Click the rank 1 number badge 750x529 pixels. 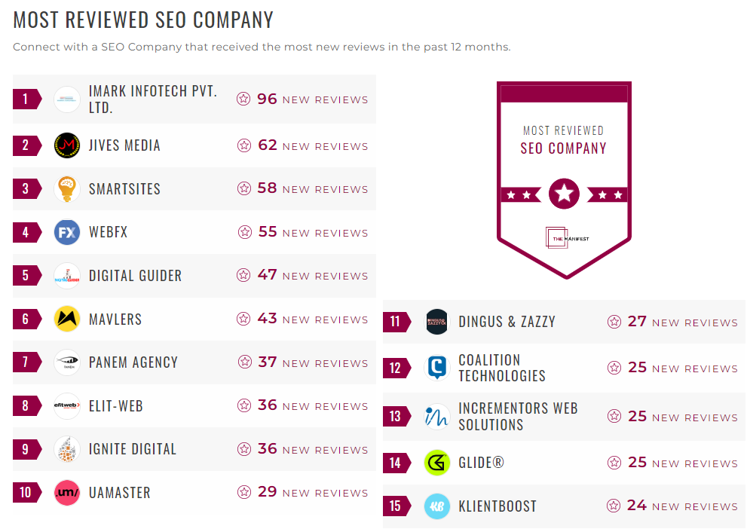point(26,99)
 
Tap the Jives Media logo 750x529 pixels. point(67,145)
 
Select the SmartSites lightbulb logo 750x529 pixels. point(67,188)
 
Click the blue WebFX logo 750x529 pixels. point(67,232)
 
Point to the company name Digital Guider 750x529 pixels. point(135,276)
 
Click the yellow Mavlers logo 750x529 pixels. point(67,319)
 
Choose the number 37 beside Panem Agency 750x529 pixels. point(268,362)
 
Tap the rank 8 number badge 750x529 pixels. point(26,406)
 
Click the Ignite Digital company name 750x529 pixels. point(132,449)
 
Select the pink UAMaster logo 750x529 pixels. point(67,493)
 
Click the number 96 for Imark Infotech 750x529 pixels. point(268,99)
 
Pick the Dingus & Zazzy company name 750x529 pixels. point(507,322)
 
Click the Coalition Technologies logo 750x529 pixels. point(437,368)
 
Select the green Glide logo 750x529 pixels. point(437,463)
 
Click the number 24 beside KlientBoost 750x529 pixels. point(637,506)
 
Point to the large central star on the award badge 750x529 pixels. point(564,194)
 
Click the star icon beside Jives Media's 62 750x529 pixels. point(243,145)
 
